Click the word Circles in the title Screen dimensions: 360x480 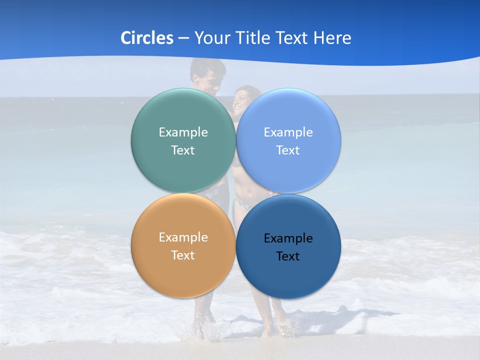147,37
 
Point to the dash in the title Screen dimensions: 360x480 183,38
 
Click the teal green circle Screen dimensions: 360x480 183,170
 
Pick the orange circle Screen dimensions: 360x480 183,275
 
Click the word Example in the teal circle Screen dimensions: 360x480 183,132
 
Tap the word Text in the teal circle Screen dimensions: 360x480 183,150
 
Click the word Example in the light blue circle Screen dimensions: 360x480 288,132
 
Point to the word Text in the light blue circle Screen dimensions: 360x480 288,150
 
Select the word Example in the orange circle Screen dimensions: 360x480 183,237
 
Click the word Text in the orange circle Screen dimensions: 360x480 183,255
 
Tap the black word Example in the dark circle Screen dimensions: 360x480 288,238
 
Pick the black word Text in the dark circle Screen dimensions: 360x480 288,256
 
